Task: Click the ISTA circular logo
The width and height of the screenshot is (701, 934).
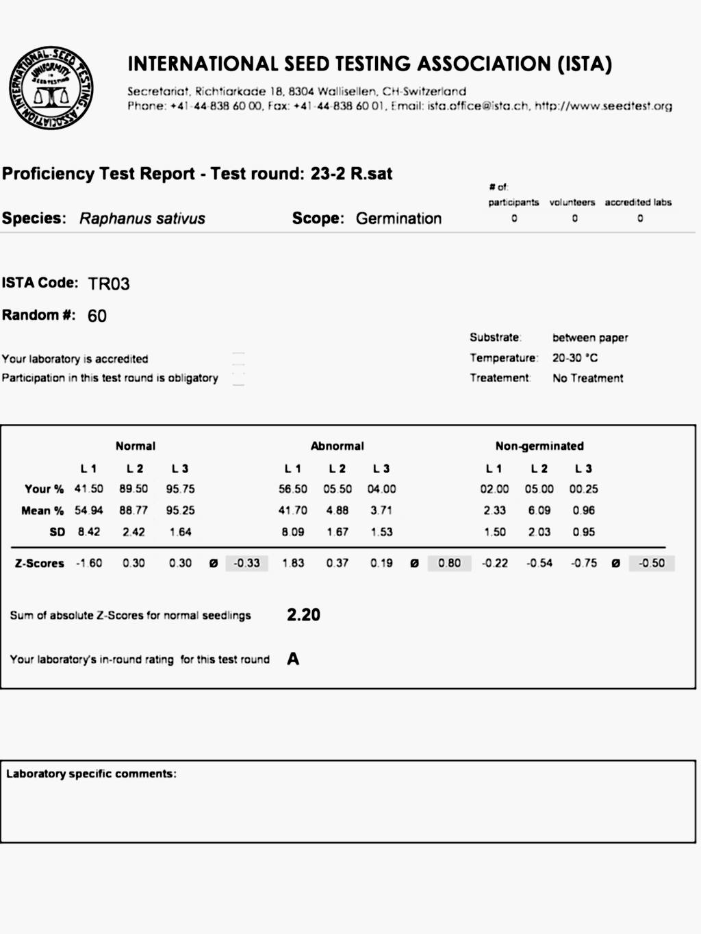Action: (51, 88)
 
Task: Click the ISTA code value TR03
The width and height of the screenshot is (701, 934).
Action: (109, 283)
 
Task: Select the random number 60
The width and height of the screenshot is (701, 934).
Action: (97, 316)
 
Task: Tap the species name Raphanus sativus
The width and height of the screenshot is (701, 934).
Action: (142, 218)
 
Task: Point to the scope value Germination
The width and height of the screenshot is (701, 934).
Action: (398, 218)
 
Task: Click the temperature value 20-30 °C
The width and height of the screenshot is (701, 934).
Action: (575, 357)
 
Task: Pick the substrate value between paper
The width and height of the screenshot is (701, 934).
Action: (590, 338)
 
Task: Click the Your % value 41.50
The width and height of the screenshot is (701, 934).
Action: (89, 489)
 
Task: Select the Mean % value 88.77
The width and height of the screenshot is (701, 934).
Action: (133, 510)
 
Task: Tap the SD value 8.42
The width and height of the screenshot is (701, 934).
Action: (89, 531)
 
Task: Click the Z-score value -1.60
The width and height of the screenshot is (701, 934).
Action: (89, 563)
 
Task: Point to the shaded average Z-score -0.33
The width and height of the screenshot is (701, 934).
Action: (246, 563)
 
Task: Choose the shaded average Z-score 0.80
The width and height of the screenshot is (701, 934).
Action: (449, 563)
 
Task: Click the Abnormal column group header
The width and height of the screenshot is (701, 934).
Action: (337, 446)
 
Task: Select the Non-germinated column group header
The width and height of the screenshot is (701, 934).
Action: (539, 446)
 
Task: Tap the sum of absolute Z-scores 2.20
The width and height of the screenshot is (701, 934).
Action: (303, 615)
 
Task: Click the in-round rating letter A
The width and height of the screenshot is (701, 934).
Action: (293, 659)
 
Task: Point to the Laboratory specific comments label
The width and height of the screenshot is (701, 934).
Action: (91, 774)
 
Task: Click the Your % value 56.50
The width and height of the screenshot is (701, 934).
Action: (293, 489)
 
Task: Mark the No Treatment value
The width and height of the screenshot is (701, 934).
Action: (588, 378)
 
